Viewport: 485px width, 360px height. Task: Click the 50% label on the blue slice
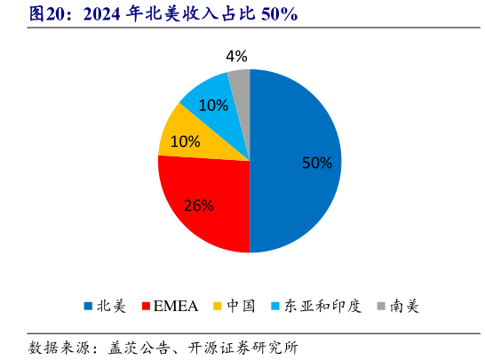pyautogui.click(x=316, y=163)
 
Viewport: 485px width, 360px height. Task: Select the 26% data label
pyautogui.click(x=198, y=205)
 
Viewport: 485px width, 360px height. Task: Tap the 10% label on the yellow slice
pyautogui.click(x=185, y=141)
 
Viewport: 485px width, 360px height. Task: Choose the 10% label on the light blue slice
pyautogui.click(x=213, y=105)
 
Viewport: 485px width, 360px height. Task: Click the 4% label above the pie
pyautogui.click(x=236, y=56)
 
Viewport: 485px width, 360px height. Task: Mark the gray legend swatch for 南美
pyautogui.click(x=381, y=307)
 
